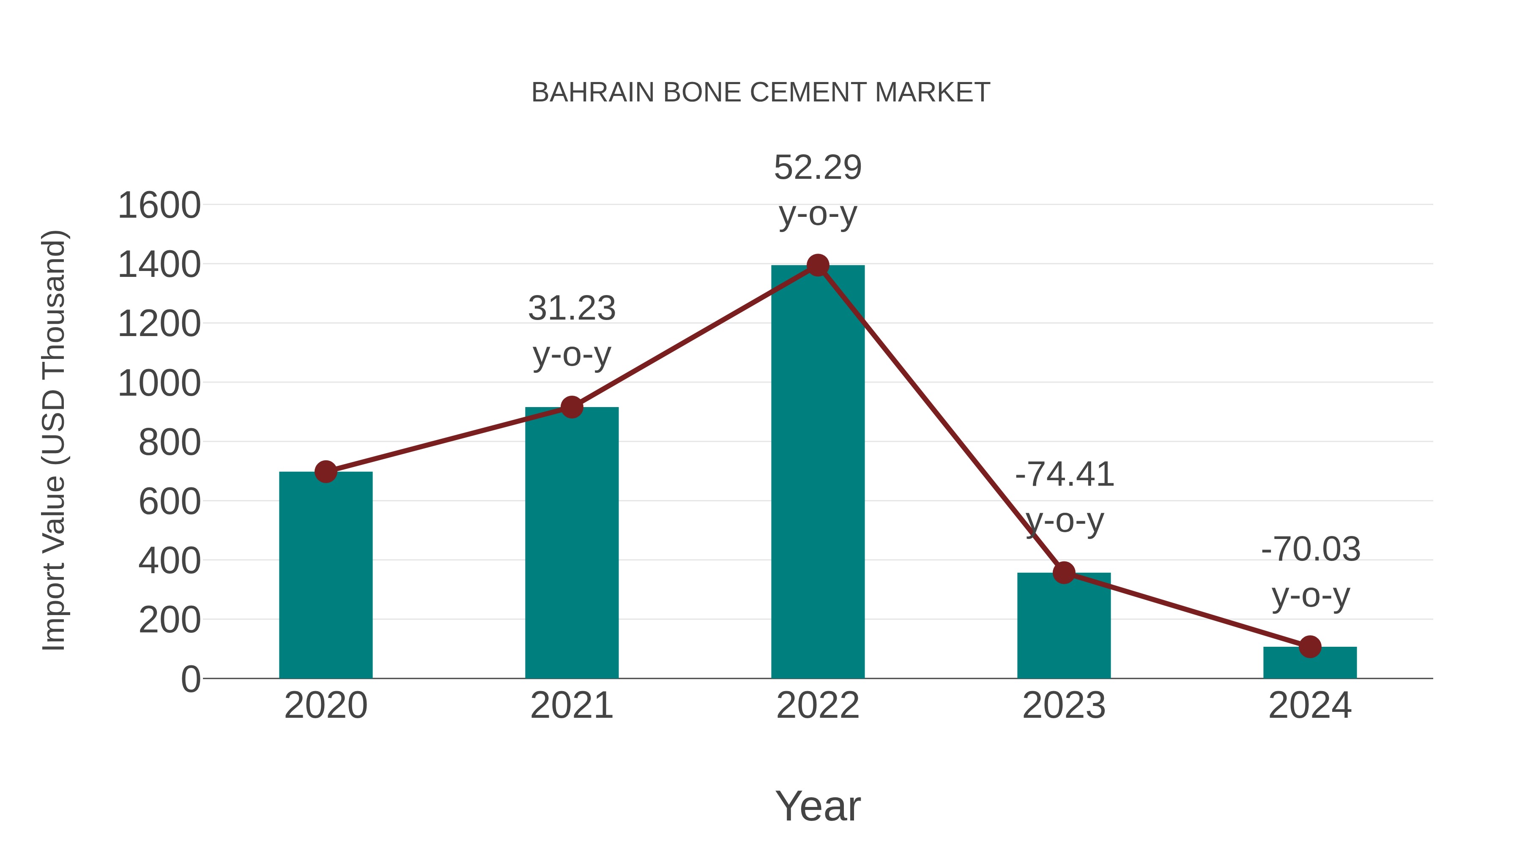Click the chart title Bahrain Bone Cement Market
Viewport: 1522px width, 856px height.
tap(761, 93)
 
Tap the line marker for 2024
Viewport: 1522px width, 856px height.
tap(1310, 646)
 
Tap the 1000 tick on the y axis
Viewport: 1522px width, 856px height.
tap(159, 383)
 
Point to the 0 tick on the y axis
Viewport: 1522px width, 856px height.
tap(191, 679)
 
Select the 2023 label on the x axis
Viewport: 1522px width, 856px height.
tap(1064, 706)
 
